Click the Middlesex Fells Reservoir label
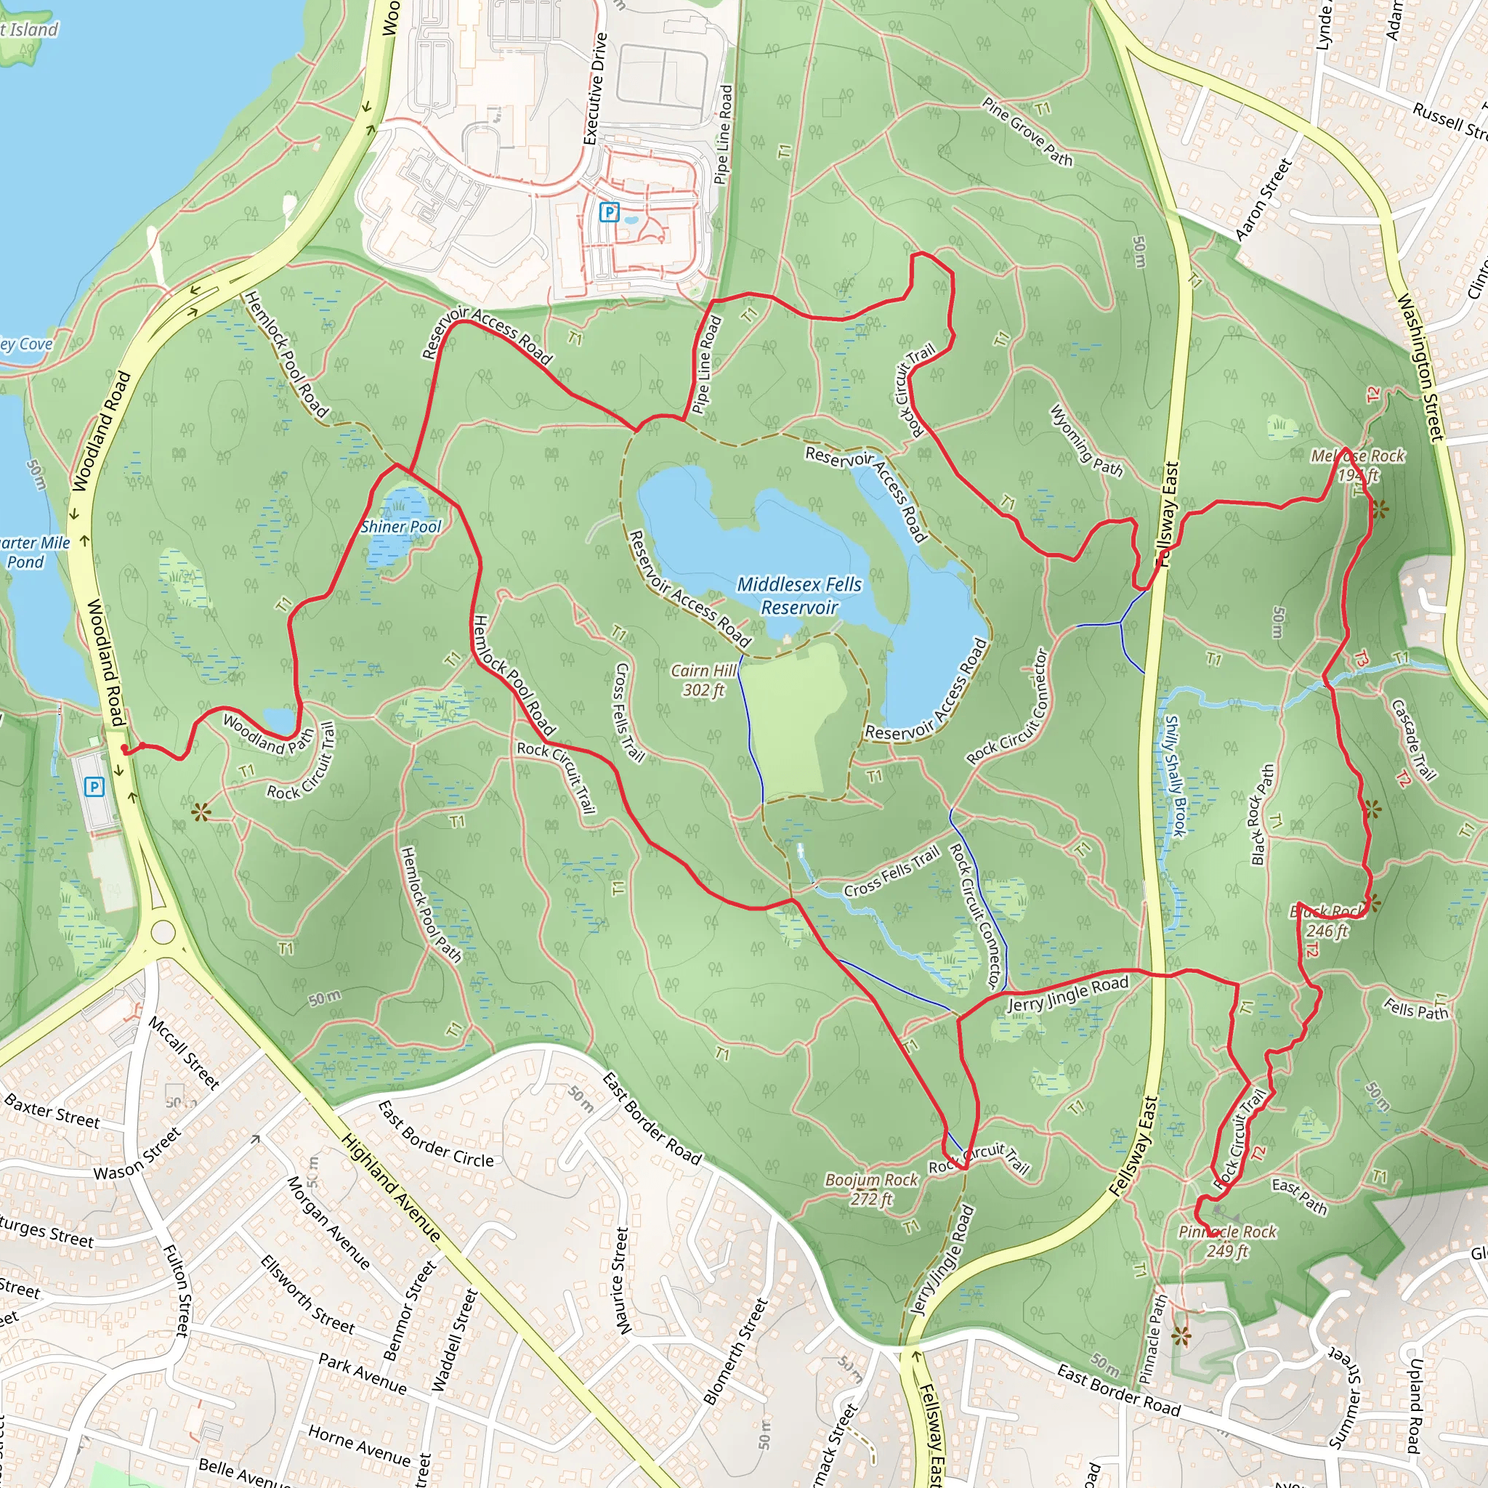pyautogui.click(x=799, y=595)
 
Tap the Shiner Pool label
pyautogui.click(x=400, y=527)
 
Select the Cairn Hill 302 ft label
pyautogui.click(x=703, y=680)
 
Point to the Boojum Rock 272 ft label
pyautogui.click(x=871, y=1189)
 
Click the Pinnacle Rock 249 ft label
pyautogui.click(x=1227, y=1241)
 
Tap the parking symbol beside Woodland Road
pyautogui.click(x=94, y=786)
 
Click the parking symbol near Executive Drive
pyautogui.click(x=609, y=212)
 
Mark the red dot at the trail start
pyautogui.click(x=125, y=748)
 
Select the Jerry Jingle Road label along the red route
pyautogui.click(x=1067, y=993)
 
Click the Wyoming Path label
pyautogui.click(x=1086, y=440)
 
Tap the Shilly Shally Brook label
pyautogui.click(x=1174, y=775)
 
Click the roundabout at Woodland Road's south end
pyautogui.click(x=163, y=932)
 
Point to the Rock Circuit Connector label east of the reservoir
pyautogui.click(x=1008, y=705)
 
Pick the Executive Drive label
pyautogui.click(x=595, y=89)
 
